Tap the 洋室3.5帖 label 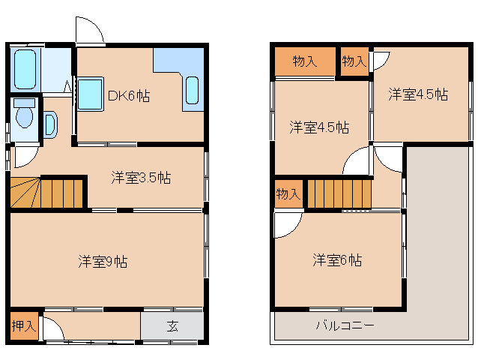(141, 178)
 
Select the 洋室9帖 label (103, 262)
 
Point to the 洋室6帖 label (337, 260)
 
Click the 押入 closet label (23, 326)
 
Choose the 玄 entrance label (172, 326)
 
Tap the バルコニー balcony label (344, 326)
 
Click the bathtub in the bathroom (25, 70)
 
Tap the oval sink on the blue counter (192, 91)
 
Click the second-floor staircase (339, 193)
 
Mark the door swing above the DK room (88, 31)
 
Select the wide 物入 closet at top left (304, 62)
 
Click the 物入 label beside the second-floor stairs (288, 193)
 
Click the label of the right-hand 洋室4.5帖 (418, 95)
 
